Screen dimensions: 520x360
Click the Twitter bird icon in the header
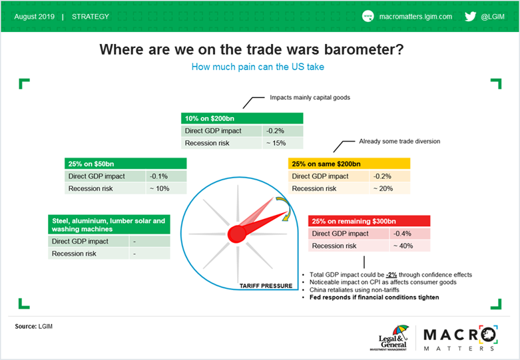(x=470, y=16)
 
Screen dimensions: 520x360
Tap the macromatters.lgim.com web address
(x=415, y=17)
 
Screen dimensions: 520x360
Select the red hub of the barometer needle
(x=237, y=234)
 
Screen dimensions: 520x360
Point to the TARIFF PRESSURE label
(x=266, y=285)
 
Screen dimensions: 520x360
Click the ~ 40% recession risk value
(x=403, y=246)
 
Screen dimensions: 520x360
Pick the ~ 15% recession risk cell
(x=276, y=143)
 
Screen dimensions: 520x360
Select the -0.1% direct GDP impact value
(x=158, y=176)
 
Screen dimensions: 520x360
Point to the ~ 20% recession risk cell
(x=383, y=188)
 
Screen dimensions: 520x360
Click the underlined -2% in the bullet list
(x=391, y=275)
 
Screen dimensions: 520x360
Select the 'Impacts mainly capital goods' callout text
(x=310, y=97)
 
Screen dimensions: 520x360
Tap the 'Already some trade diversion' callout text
(x=399, y=141)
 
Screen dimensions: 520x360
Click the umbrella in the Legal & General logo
(x=400, y=331)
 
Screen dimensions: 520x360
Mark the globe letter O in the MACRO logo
(x=487, y=335)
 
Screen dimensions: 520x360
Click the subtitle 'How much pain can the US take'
(x=258, y=67)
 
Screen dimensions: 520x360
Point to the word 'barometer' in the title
(x=364, y=50)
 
